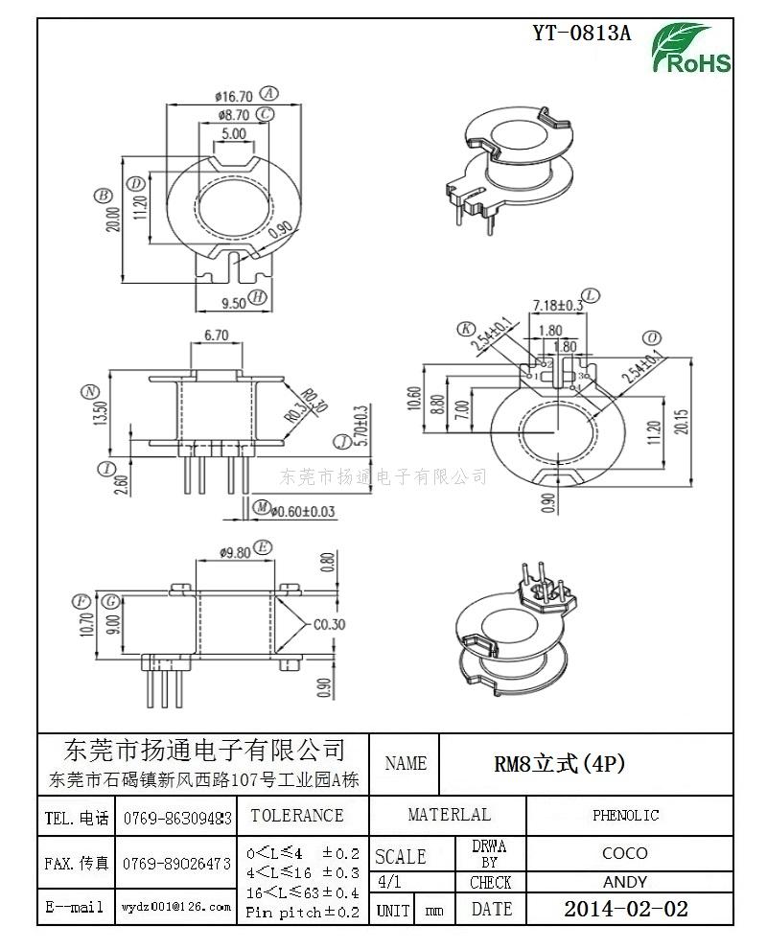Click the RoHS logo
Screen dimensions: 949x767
pos(693,50)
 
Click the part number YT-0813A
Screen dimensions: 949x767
pos(582,33)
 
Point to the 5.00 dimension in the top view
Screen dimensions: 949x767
pos(233,134)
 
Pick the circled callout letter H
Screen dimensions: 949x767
pos(257,297)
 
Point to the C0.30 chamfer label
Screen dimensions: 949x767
pos(329,624)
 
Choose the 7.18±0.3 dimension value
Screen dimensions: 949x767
pos(557,305)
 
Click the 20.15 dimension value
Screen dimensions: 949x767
pos(681,423)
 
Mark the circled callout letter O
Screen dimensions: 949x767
pos(652,337)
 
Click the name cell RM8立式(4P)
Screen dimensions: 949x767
pos(559,763)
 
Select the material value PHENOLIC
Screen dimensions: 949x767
pos(625,815)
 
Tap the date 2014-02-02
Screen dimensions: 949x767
pos(625,908)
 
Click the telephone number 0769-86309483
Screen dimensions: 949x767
pos(177,818)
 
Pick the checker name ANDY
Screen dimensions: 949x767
pos(625,882)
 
